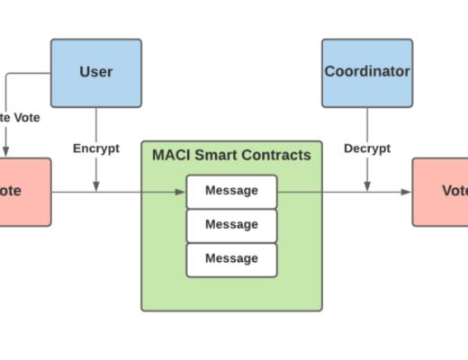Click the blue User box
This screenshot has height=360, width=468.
[x=95, y=73]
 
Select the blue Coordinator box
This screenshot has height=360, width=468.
[x=367, y=73]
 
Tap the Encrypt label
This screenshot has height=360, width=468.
[x=95, y=148]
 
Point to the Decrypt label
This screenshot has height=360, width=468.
[x=367, y=148]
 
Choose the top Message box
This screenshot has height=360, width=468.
[x=231, y=191]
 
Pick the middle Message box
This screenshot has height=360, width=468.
[x=231, y=224]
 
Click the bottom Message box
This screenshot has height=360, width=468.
[x=231, y=258]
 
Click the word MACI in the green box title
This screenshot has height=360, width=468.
[x=171, y=155]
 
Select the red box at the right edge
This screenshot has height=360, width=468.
[x=441, y=192]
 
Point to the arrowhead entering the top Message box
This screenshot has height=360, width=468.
[x=181, y=192]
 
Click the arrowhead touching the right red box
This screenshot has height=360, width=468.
[x=408, y=192]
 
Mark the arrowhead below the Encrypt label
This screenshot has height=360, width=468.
[x=95, y=186]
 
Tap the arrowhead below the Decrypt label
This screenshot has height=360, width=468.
[x=367, y=186]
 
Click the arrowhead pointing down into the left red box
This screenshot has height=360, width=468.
[x=5, y=152]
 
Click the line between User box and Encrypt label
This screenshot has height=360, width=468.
[x=95, y=123]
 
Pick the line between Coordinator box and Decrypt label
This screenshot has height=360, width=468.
[x=367, y=123]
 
